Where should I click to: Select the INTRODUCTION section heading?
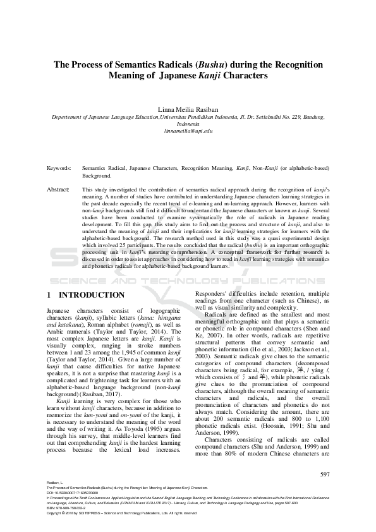point(92,295)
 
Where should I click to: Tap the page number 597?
point(325,474)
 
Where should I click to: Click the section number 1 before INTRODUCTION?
point(49,295)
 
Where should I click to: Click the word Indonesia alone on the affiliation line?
point(188,124)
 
